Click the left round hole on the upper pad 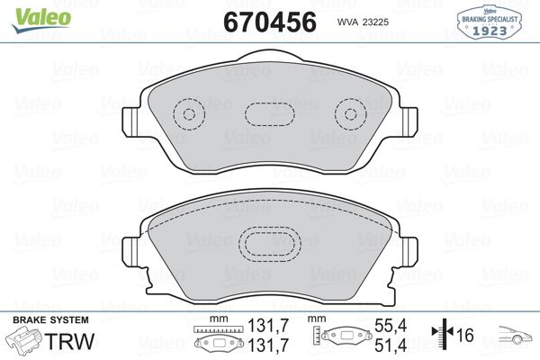[x=188, y=114]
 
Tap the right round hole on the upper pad [x=346, y=114]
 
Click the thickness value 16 [x=465, y=336]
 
